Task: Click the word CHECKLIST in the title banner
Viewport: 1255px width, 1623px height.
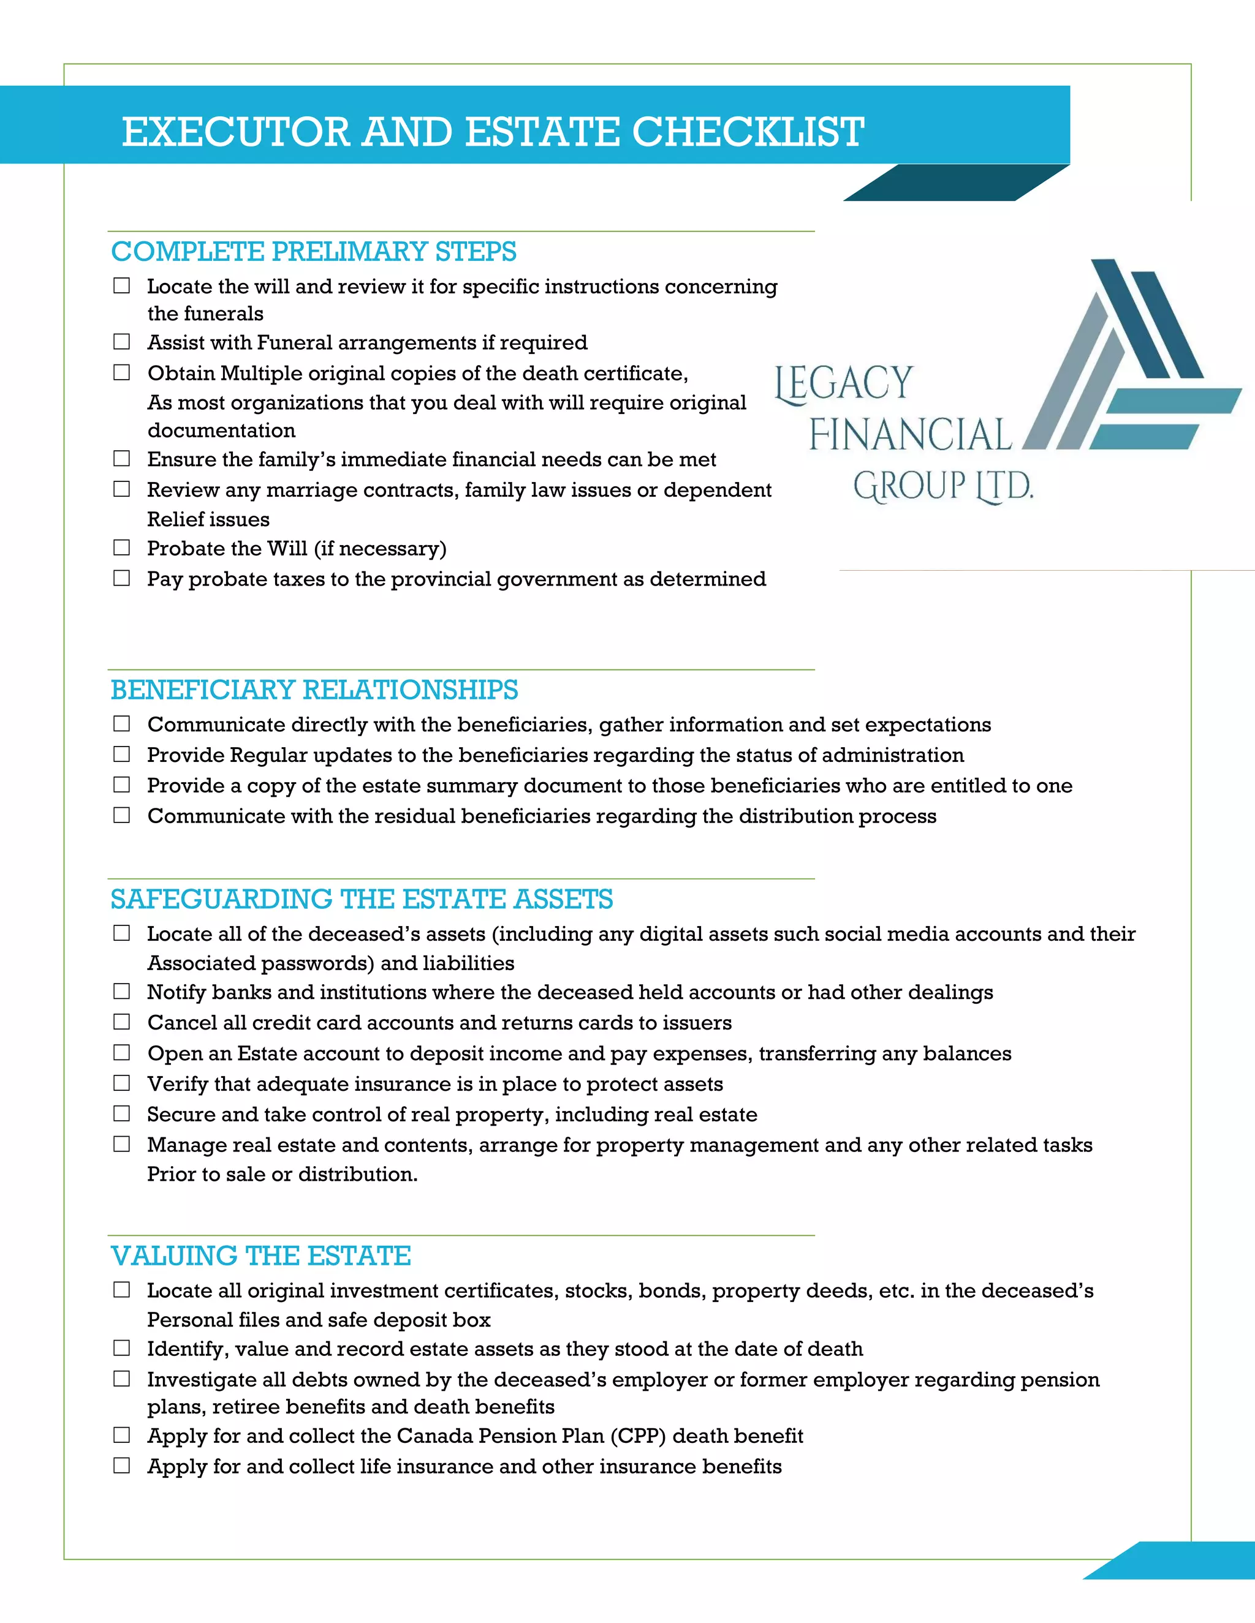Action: (x=748, y=132)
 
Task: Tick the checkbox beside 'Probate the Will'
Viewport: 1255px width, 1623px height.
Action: (x=121, y=548)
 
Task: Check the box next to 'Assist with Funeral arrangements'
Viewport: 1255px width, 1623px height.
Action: (x=121, y=342)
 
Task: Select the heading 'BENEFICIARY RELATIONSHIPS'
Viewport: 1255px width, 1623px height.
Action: (x=314, y=690)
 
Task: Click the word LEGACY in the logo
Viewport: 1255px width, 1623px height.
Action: (x=844, y=384)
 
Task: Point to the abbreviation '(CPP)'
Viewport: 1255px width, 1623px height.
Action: (x=638, y=1436)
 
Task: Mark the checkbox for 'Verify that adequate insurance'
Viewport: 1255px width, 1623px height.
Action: (x=121, y=1083)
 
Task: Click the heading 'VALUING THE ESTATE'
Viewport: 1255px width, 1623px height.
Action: (x=261, y=1256)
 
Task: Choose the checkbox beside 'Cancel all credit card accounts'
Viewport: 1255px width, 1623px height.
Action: (x=121, y=1023)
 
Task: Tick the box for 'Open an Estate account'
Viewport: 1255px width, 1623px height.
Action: (x=121, y=1053)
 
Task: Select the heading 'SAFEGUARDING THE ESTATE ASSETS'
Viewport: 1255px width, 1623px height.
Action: (x=362, y=899)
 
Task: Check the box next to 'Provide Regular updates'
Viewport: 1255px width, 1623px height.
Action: (x=121, y=755)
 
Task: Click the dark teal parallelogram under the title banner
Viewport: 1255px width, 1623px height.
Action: (x=956, y=183)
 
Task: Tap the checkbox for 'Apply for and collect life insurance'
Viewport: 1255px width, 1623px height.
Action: (x=121, y=1466)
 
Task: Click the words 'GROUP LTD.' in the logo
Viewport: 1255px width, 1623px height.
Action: (x=942, y=487)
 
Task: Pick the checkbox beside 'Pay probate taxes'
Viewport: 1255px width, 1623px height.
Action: (x=121, y=578)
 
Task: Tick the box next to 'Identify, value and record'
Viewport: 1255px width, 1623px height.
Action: (x=121, y=1348)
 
